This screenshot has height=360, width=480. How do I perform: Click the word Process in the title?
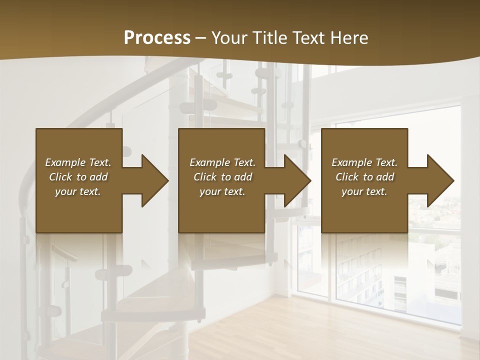tap(157, 38)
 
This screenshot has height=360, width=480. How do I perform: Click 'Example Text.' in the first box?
tap(78, 162)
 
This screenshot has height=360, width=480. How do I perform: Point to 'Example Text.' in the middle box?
tap(222, 162)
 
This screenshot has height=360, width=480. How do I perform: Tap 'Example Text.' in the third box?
tap(364, 162)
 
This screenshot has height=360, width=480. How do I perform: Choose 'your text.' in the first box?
tap(78, 191)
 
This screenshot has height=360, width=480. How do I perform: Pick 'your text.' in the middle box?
tap(222, 191)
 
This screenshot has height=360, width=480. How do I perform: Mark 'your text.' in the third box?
tap(364, 191)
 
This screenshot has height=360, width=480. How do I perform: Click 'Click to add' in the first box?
tap(78, 177)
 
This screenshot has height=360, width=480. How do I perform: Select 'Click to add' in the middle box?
tap(222, 177)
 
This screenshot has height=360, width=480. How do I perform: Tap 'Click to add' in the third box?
tap(364, 177)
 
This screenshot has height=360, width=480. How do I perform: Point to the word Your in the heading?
tap(229, 38)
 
